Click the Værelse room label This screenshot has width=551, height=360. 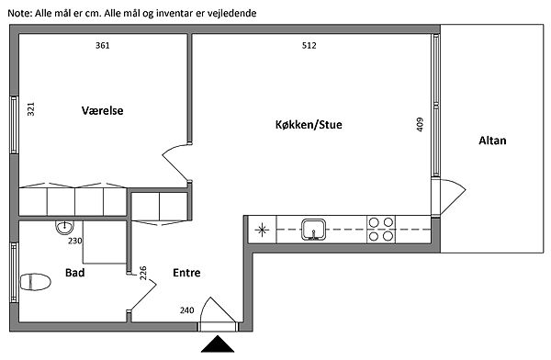pos(102,110)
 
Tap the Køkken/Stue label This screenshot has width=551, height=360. pos(309,125)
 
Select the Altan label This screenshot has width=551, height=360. pos(492,141)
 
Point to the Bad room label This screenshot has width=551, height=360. pos(75,273)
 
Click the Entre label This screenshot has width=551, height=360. pos(186,273)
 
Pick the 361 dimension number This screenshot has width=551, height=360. pos(103,45)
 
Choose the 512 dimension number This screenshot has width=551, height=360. pos(309,45)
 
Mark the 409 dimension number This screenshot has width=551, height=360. pos(420,125)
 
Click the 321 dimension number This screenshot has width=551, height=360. pos(31,109)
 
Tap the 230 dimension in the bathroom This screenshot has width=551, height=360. pos(75,241)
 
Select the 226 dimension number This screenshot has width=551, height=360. pos(143,273)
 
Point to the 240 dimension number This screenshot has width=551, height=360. pos(187,310)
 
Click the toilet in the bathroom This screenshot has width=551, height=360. pos(35,282)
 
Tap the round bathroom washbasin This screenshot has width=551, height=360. pos(64,227)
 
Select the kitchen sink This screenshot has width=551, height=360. pos(313,230)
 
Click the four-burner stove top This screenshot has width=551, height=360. pos(381,230)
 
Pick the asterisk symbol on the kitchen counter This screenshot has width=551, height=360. pos(262,231)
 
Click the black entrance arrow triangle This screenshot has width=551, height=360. pos(218,343)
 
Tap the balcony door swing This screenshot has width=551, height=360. pos(453,197)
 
